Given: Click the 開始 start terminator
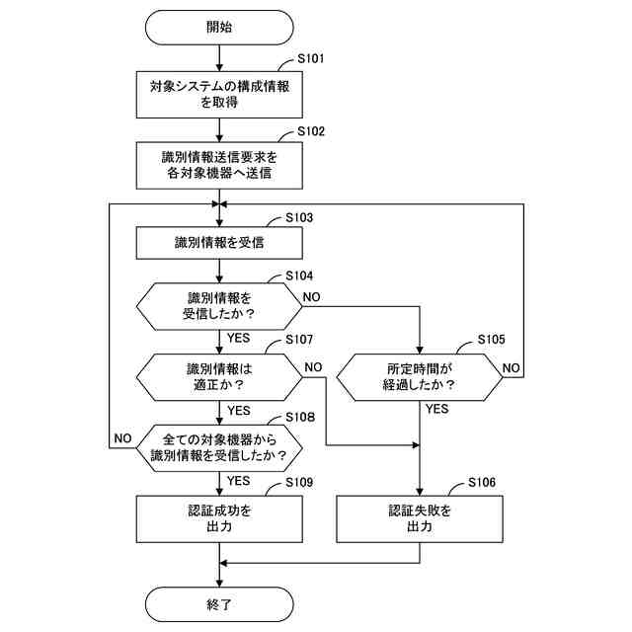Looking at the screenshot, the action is point(219,28).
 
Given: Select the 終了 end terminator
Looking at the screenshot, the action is point(219,604).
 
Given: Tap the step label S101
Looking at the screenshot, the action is point(311,59).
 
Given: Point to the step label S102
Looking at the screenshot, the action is point(311,131).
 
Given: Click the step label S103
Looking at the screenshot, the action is point(299,217).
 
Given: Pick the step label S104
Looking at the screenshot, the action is point(299,276).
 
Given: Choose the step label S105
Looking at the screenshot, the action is point(491,340).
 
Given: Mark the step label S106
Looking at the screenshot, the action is point(482,482).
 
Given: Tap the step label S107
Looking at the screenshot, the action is point(299,340).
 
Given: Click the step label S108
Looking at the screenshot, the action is point(300,417).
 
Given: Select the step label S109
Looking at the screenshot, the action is point(299,482).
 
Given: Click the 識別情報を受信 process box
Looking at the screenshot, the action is point(219,243).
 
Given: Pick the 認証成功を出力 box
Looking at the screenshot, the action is point(219,518).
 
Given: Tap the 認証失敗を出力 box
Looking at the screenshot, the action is point(420,518).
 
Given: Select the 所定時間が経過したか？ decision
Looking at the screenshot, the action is point(420,377).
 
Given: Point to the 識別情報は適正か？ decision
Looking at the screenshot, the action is point(219,377).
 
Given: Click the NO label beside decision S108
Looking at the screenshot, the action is point(122,438).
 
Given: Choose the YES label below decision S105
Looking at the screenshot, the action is point(437,409).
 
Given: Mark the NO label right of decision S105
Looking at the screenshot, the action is point(512,368).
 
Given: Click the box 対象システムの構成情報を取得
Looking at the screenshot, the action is point(219,95).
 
